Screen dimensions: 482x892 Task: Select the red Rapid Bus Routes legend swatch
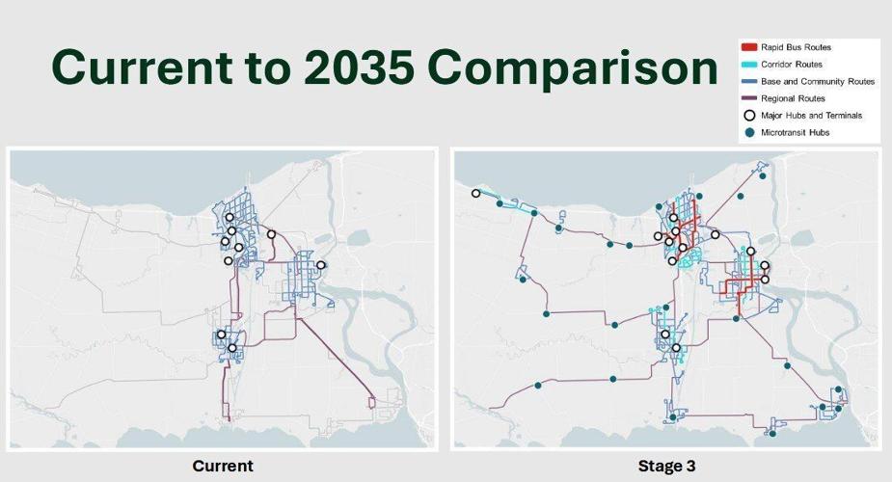pos(749,47)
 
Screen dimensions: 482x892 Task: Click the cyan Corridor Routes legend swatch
pos(749,65)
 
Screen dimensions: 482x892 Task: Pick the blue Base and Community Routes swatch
pos(749,82)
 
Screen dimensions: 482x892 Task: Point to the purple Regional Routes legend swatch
pos(749,98)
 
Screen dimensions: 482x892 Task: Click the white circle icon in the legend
pos(749,116)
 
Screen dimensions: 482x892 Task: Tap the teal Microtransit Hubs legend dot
pos(749,133)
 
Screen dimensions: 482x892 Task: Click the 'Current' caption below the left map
pos(223,467)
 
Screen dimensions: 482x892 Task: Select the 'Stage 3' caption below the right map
pos(666,467)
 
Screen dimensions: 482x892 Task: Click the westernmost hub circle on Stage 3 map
pos(475,194)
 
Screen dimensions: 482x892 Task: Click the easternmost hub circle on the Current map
pos(321,265)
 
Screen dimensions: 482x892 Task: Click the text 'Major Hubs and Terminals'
pos(811,116)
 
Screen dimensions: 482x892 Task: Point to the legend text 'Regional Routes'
pos(792,98)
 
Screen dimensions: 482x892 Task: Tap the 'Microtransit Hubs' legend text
pos(795,133)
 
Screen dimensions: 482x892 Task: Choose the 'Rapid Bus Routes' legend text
pos(796,47)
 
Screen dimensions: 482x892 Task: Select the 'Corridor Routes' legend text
pos(793,65)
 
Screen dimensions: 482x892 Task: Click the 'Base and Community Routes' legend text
pos(817,82)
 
